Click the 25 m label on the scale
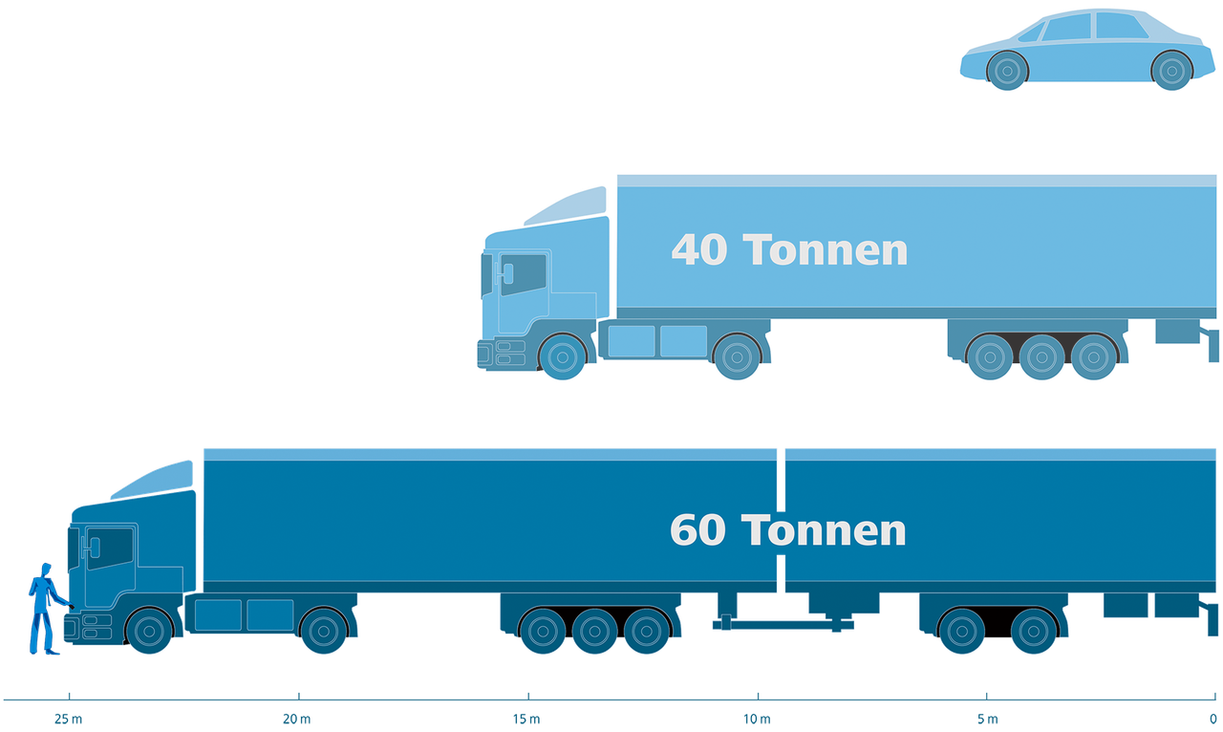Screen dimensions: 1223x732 [x=68, y=719]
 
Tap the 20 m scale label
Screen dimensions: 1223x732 [x=296, y=719]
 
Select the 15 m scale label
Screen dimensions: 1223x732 [x=526, y=719]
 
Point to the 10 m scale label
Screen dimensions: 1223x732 [x=757, y=719]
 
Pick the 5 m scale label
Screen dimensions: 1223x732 [x=988, y=719]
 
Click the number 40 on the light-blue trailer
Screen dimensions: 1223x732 [x=699, y=250]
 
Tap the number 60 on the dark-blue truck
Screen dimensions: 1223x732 [x=697, y=529]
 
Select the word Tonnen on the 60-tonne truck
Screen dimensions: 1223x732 [x=824, y=529]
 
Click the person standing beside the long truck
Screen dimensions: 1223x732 [x=46, y=609]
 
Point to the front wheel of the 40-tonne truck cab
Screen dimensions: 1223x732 [x=563, y=356]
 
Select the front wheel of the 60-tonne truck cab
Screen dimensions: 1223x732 [x=149, y=631]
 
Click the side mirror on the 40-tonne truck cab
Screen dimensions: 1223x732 [x=506, y=273]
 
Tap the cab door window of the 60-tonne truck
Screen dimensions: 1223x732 [x=110, y=548]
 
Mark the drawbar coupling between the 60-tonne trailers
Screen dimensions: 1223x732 [x=783, y=623]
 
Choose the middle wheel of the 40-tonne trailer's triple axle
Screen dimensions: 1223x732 [x=1041, y=356]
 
